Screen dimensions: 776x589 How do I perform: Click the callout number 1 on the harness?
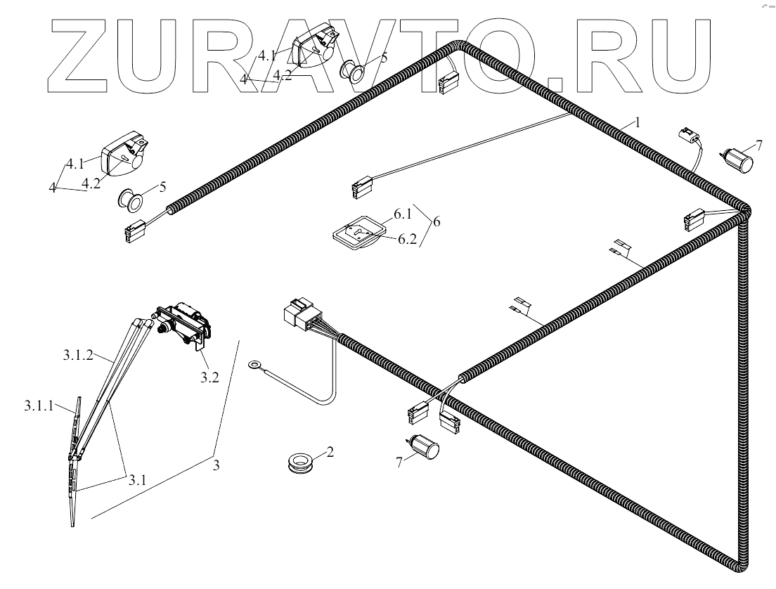pyautogui.click(x=638, y=122)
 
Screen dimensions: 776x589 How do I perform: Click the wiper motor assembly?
pyautogui.click(x=184, y=325)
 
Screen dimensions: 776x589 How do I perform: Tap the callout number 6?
pyautogui.click(x=436, y=222)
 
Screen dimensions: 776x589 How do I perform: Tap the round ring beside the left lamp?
pyautogui.click(x=129, y=199)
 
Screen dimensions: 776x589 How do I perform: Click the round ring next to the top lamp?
pyautogui.click(x=352, y=70)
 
